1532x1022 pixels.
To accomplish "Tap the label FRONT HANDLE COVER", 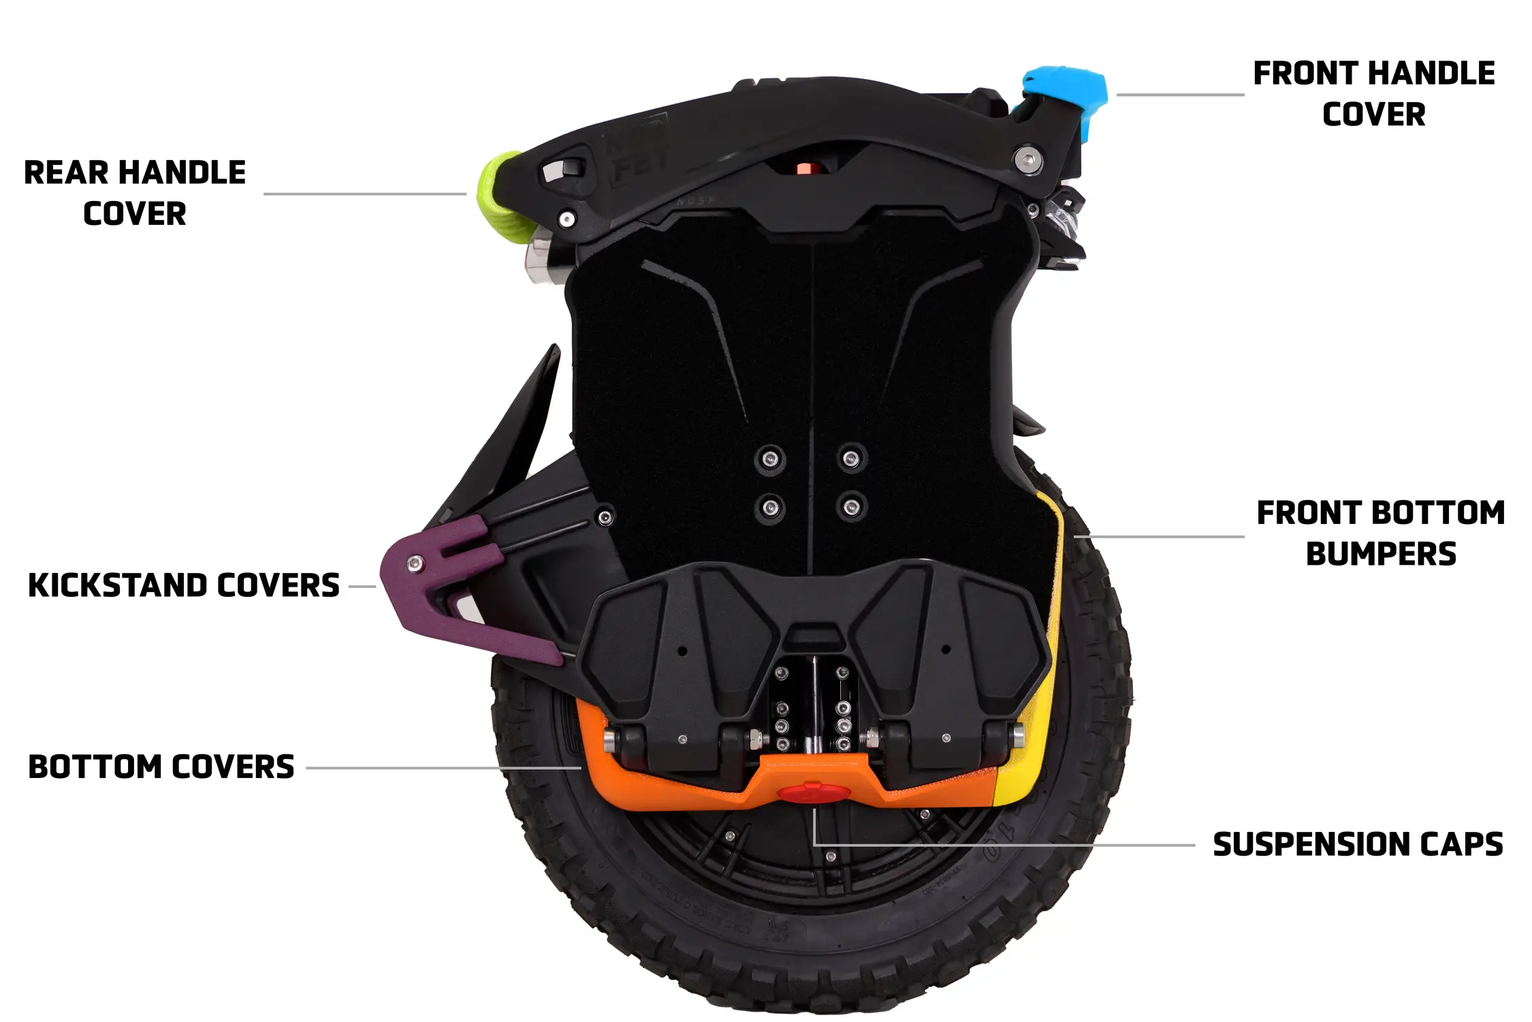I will [1373, 93].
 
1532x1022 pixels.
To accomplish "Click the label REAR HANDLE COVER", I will [135, 193].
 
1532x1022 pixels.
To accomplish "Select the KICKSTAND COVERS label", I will [184, 586].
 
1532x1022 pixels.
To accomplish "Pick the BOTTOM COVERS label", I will [161, 767].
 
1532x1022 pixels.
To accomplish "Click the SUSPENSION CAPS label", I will [1358, 845].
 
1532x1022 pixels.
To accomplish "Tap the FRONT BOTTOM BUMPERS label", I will [1380, 533].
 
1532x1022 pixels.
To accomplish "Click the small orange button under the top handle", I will [805, 168].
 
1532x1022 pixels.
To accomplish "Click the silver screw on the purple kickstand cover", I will [413, 563].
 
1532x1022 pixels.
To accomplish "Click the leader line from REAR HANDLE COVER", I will [364, 194].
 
